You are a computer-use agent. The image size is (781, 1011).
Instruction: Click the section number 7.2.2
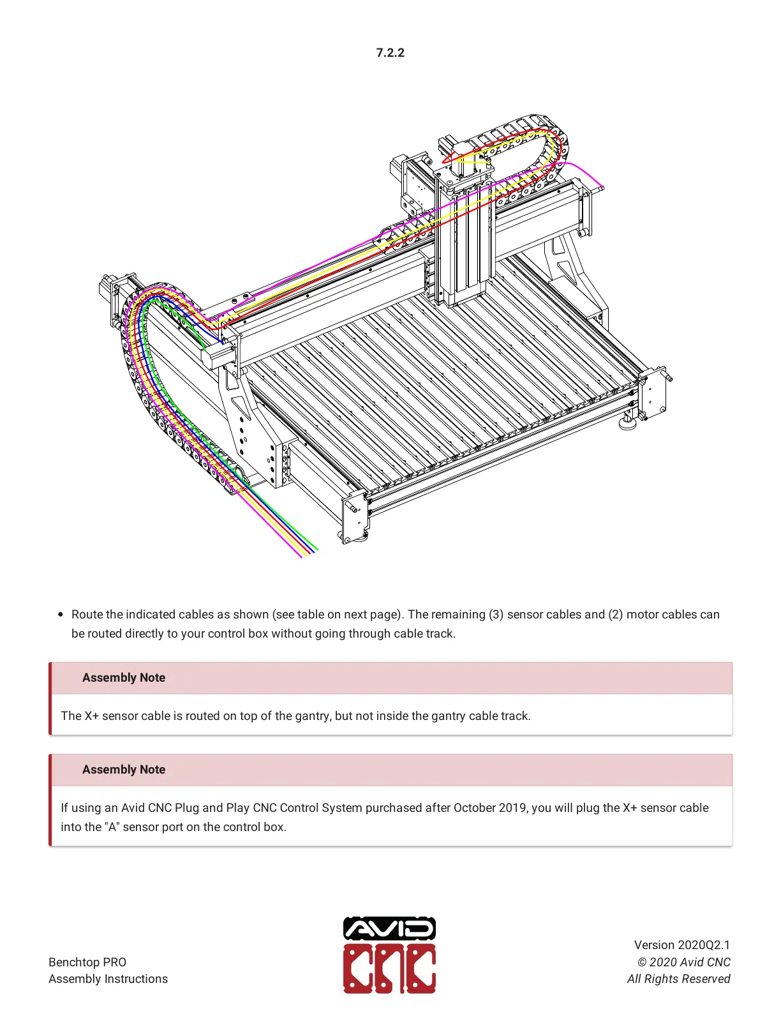pos(390,53)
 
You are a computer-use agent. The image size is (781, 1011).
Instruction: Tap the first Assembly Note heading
pos(124,678)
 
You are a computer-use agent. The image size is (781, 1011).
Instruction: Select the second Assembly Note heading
pos(124,770)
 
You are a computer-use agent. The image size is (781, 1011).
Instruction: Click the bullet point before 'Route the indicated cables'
pos(61,615)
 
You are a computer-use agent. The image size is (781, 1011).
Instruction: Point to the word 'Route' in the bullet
pos(87,615)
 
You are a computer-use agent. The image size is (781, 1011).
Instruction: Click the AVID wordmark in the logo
pos(389,929)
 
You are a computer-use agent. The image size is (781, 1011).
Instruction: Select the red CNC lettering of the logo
pos(389,969)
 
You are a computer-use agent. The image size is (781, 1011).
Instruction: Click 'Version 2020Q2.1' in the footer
pos(681,945)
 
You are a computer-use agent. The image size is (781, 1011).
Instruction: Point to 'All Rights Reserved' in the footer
pos(678,979)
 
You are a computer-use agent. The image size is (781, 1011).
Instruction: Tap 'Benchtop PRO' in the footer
pos(87,962)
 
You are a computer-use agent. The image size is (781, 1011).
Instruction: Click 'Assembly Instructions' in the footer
pos(108,979)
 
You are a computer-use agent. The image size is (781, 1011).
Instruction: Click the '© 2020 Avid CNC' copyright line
pos(683,962)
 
